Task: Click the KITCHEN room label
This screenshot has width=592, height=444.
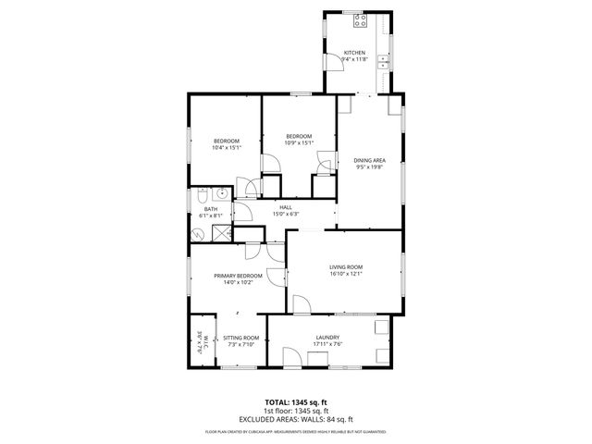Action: coord(355,53)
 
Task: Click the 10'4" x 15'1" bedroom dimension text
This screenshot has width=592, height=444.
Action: coord(226,147)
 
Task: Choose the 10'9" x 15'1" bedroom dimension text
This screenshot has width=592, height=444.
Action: coord(297,142)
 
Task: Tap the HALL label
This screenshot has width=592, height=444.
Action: coord(286,207)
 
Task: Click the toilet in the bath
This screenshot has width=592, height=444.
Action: coord(200,195)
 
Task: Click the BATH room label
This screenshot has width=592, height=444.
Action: coord(210,209)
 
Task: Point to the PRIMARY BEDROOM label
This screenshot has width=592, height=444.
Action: coord(238,276)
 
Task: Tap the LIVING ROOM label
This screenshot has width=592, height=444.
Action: coord(346,267)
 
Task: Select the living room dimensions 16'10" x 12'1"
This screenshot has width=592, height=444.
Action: coord(346,274)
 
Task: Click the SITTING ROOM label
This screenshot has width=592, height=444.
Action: coord(240,339)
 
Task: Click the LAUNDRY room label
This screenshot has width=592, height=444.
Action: coord(327,338)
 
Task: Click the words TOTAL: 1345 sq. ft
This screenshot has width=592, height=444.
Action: coord(296,403)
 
